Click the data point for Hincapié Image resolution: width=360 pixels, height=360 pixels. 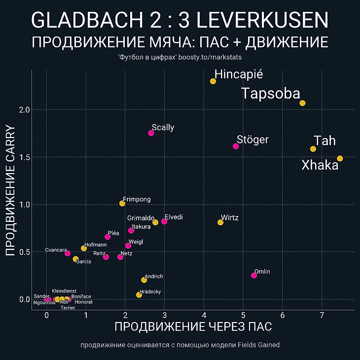[213, 81]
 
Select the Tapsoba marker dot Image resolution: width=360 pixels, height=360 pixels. [302, 103]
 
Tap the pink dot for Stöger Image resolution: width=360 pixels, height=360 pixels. [236, 146]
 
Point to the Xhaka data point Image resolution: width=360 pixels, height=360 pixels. [340, 158]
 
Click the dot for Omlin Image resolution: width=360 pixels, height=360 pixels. [254, 275]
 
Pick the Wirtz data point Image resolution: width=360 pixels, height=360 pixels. [220, 222]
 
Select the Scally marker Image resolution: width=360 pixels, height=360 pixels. [151, 133]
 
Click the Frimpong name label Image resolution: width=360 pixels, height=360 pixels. [137, 199]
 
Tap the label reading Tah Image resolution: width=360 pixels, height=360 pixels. [324, 141]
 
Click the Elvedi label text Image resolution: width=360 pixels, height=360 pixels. [175, 217]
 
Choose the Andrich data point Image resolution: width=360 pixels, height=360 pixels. [144, 280]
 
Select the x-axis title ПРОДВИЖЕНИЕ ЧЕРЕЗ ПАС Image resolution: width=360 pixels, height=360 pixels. [193, 327]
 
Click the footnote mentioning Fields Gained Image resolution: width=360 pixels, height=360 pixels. [180, 345]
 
